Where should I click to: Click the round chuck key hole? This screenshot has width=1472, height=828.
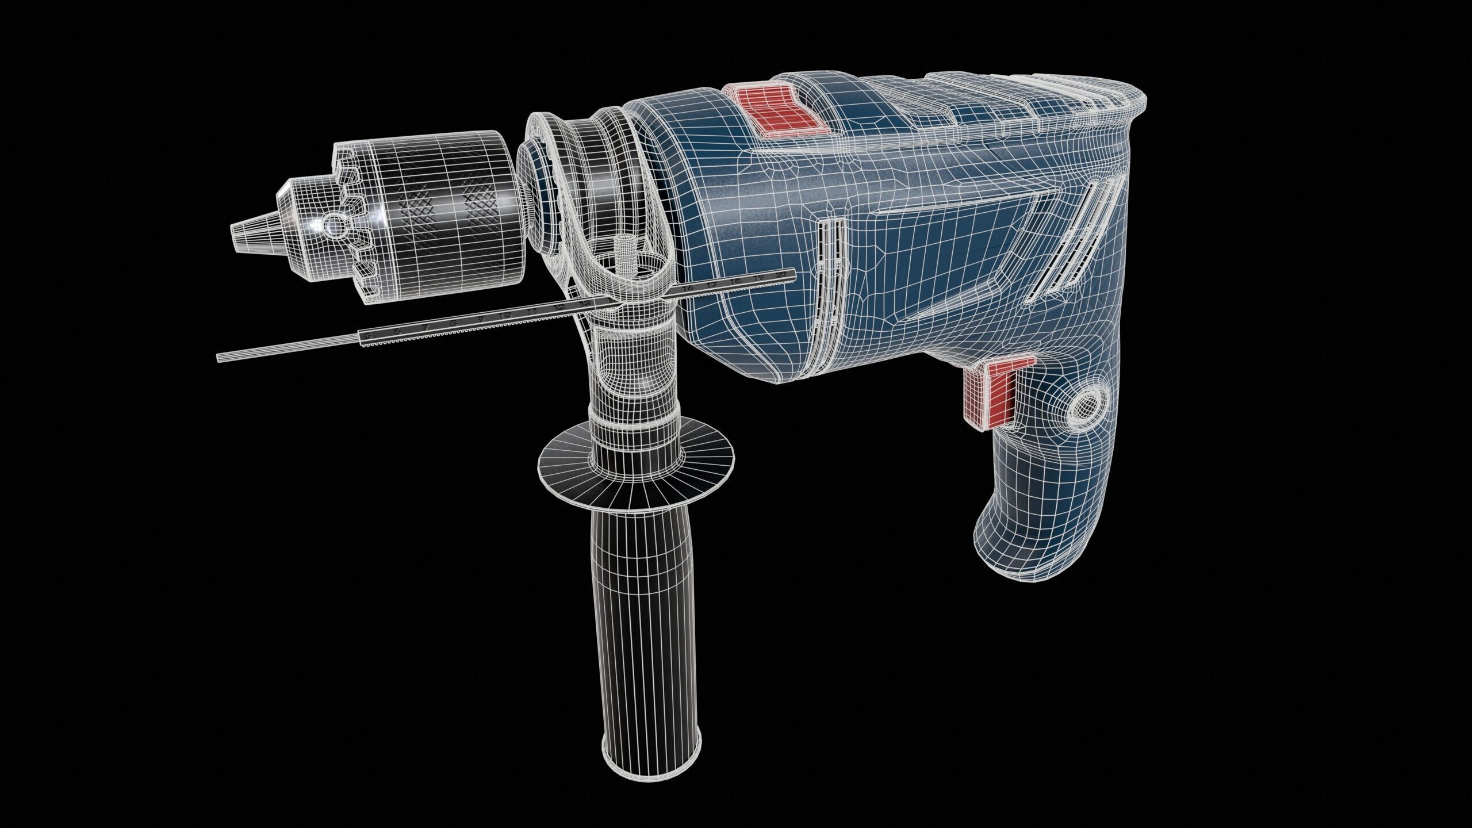(333, 225)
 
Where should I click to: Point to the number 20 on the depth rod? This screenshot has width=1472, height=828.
(780, 277)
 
